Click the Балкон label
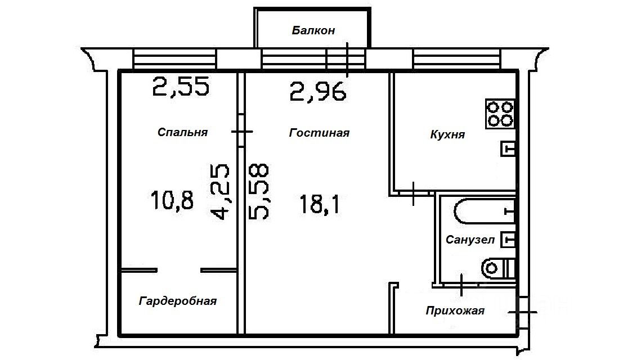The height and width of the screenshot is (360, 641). (x=313, y=30)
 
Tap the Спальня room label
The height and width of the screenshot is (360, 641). (x=182, y=132)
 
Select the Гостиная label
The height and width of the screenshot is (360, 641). (x=319, y=133)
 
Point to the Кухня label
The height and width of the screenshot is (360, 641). (x=447, y=134)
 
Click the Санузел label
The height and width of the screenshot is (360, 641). (x=470, y=240)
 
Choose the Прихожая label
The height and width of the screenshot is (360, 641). (x=455, y=311)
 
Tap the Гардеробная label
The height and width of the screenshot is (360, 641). (x=178, y=301)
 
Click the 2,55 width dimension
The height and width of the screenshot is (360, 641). (x=181, y=87)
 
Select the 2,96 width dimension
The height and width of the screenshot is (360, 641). (x=318, y=92)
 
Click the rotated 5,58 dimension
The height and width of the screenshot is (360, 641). (x=259, y=191)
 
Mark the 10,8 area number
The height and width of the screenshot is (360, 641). (x=172, y=201)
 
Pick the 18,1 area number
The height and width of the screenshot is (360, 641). (x=319, y=204)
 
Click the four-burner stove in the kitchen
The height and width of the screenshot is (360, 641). (x=500, y=114)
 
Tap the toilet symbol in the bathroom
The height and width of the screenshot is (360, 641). (x=498, y=268)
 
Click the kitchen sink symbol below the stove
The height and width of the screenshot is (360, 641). (x=508, y=148)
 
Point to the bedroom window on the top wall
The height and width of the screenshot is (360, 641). (x=174, y=59)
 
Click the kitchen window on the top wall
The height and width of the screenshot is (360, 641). (x=456, y=59)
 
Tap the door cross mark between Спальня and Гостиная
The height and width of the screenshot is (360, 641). (x=242, y=132)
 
